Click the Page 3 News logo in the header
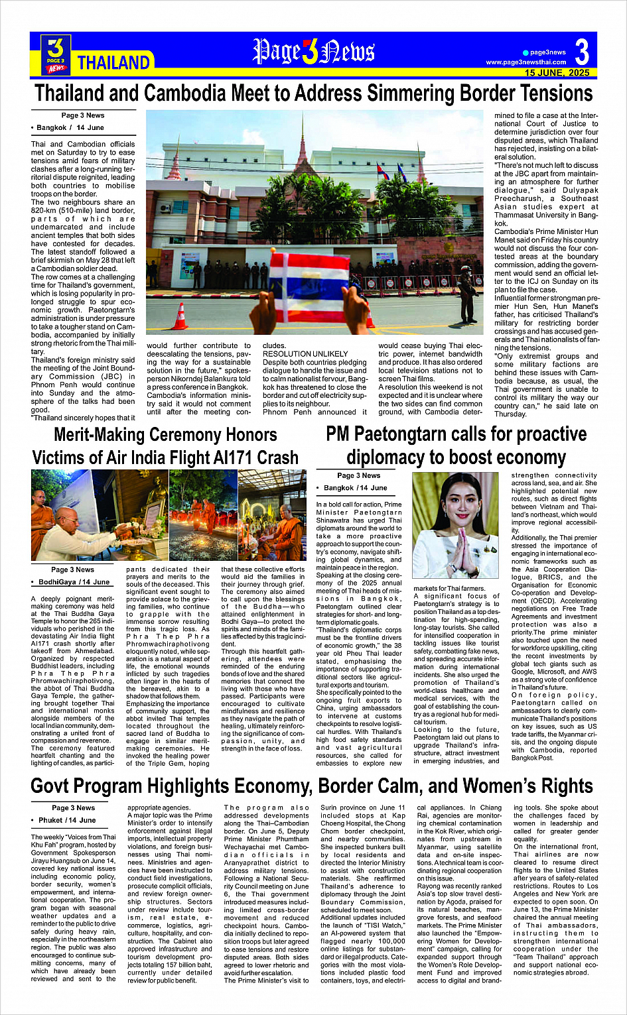pos(56,54)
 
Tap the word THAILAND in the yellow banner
pos(113,63)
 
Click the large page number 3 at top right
pos(581,52)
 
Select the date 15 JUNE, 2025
pos(557,73)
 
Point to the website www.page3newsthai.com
pos(525,62)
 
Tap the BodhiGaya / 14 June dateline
pos(74,582)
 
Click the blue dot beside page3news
pos(525,52)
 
